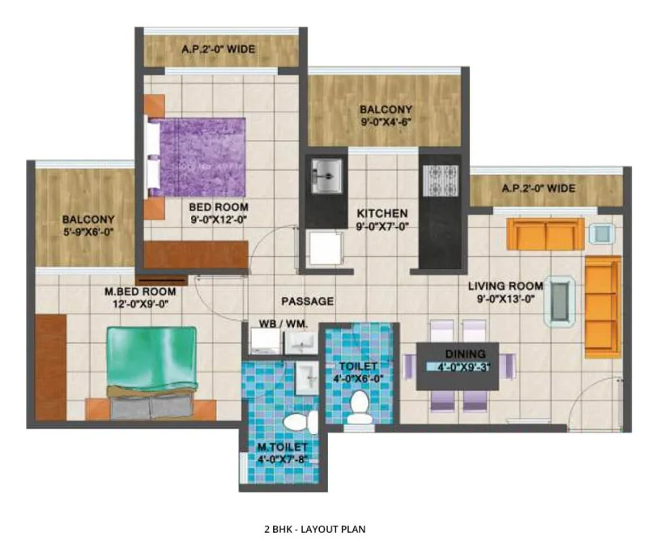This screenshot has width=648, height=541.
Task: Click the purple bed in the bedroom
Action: click(195, 157)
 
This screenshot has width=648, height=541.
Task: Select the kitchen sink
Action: click(326, 176)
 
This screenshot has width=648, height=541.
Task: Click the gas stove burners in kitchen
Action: click(441, 180)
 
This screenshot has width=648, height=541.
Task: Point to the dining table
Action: click(458, 366)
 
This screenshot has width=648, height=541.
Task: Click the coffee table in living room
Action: click(560, 301)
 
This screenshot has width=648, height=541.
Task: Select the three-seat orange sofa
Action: click(603, 307)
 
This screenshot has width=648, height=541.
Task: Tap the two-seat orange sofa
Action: click(545, 234)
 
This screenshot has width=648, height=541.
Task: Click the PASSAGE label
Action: click(308, 301)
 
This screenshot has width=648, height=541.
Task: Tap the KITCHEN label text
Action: click(382, 213)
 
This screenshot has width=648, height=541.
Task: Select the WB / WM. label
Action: click(283, 324)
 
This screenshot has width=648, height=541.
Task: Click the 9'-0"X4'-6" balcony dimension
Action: click(386, 122)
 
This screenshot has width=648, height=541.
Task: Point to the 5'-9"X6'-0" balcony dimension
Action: click(88, 232)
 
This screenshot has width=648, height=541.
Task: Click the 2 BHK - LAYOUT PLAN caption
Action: click(315, 529)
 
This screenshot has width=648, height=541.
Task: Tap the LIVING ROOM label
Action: click(505, 286)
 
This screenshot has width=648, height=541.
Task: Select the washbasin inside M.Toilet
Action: click(307, 378)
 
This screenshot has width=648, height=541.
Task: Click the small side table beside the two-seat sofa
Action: click(602, 233)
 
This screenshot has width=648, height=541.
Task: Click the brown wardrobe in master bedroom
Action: click(51, 368)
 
